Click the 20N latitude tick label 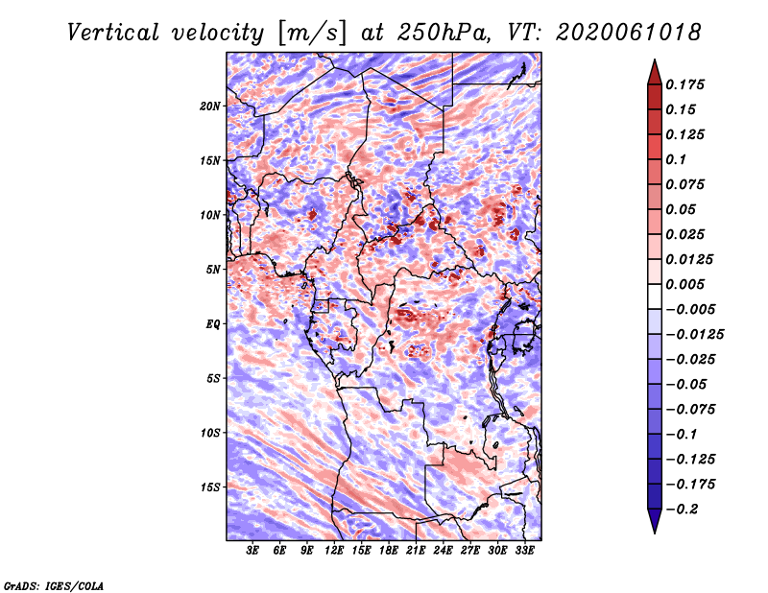(210, 106)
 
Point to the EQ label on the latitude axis (212, 323)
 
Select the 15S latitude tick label (210, 486)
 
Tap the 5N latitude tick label (212, 269)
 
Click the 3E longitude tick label (252, 551)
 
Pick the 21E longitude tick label (416, 551)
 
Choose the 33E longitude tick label (524, 551)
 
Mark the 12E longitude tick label (334, 551)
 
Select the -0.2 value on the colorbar (684, 508)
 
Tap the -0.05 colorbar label (687, 384)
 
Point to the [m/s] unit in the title (310, 32)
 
